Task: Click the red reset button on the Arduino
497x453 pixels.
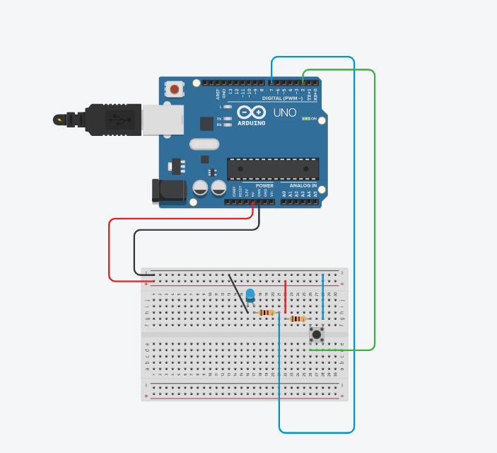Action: pyautogui.click(x=174, y=89)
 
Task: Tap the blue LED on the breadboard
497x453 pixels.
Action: pyautogui.click(x=250, y=295)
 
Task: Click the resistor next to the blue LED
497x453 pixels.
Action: pyautogui.click(x=267, y=312)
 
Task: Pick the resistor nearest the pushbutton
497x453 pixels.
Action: pyautogui.click(x=299, y=319)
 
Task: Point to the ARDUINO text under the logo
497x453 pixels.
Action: pyautogui.click(x=252, y=122)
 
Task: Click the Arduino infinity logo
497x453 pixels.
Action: pyautogui.click(x=251, y=113)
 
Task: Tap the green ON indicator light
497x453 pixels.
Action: pyautogui.click(x=306, y=119)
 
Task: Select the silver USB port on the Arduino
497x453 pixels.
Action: pyautogui.click(x=163, y=120)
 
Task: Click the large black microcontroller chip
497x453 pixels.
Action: pyautogui.click(x=272, y=169)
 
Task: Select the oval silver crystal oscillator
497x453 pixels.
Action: pyautogui.click(x=204, y=144)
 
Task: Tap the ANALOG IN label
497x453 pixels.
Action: pyautogui.click(x=303, y=186)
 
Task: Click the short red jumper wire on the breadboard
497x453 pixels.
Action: pyautogui.click(x=285, y=297)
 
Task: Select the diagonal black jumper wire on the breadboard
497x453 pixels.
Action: pyautogui.click(x=238, y=293)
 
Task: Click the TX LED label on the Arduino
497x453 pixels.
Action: pyautogui.click(x=219, y=118)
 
